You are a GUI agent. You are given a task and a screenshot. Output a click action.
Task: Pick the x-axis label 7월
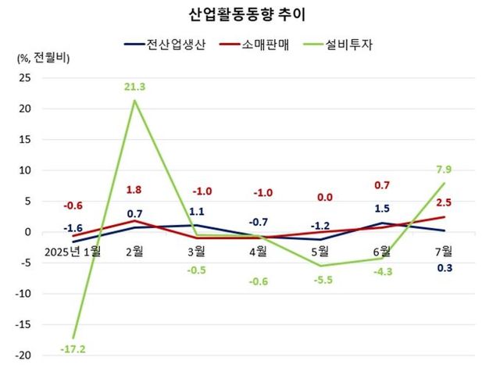(x=444, y=252)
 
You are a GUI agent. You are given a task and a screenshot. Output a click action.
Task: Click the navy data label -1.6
(x=75, y=227)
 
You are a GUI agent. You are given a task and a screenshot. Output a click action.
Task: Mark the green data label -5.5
(x=320, y=278)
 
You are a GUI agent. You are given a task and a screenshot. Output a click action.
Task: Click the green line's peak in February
(x=135, y=100)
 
